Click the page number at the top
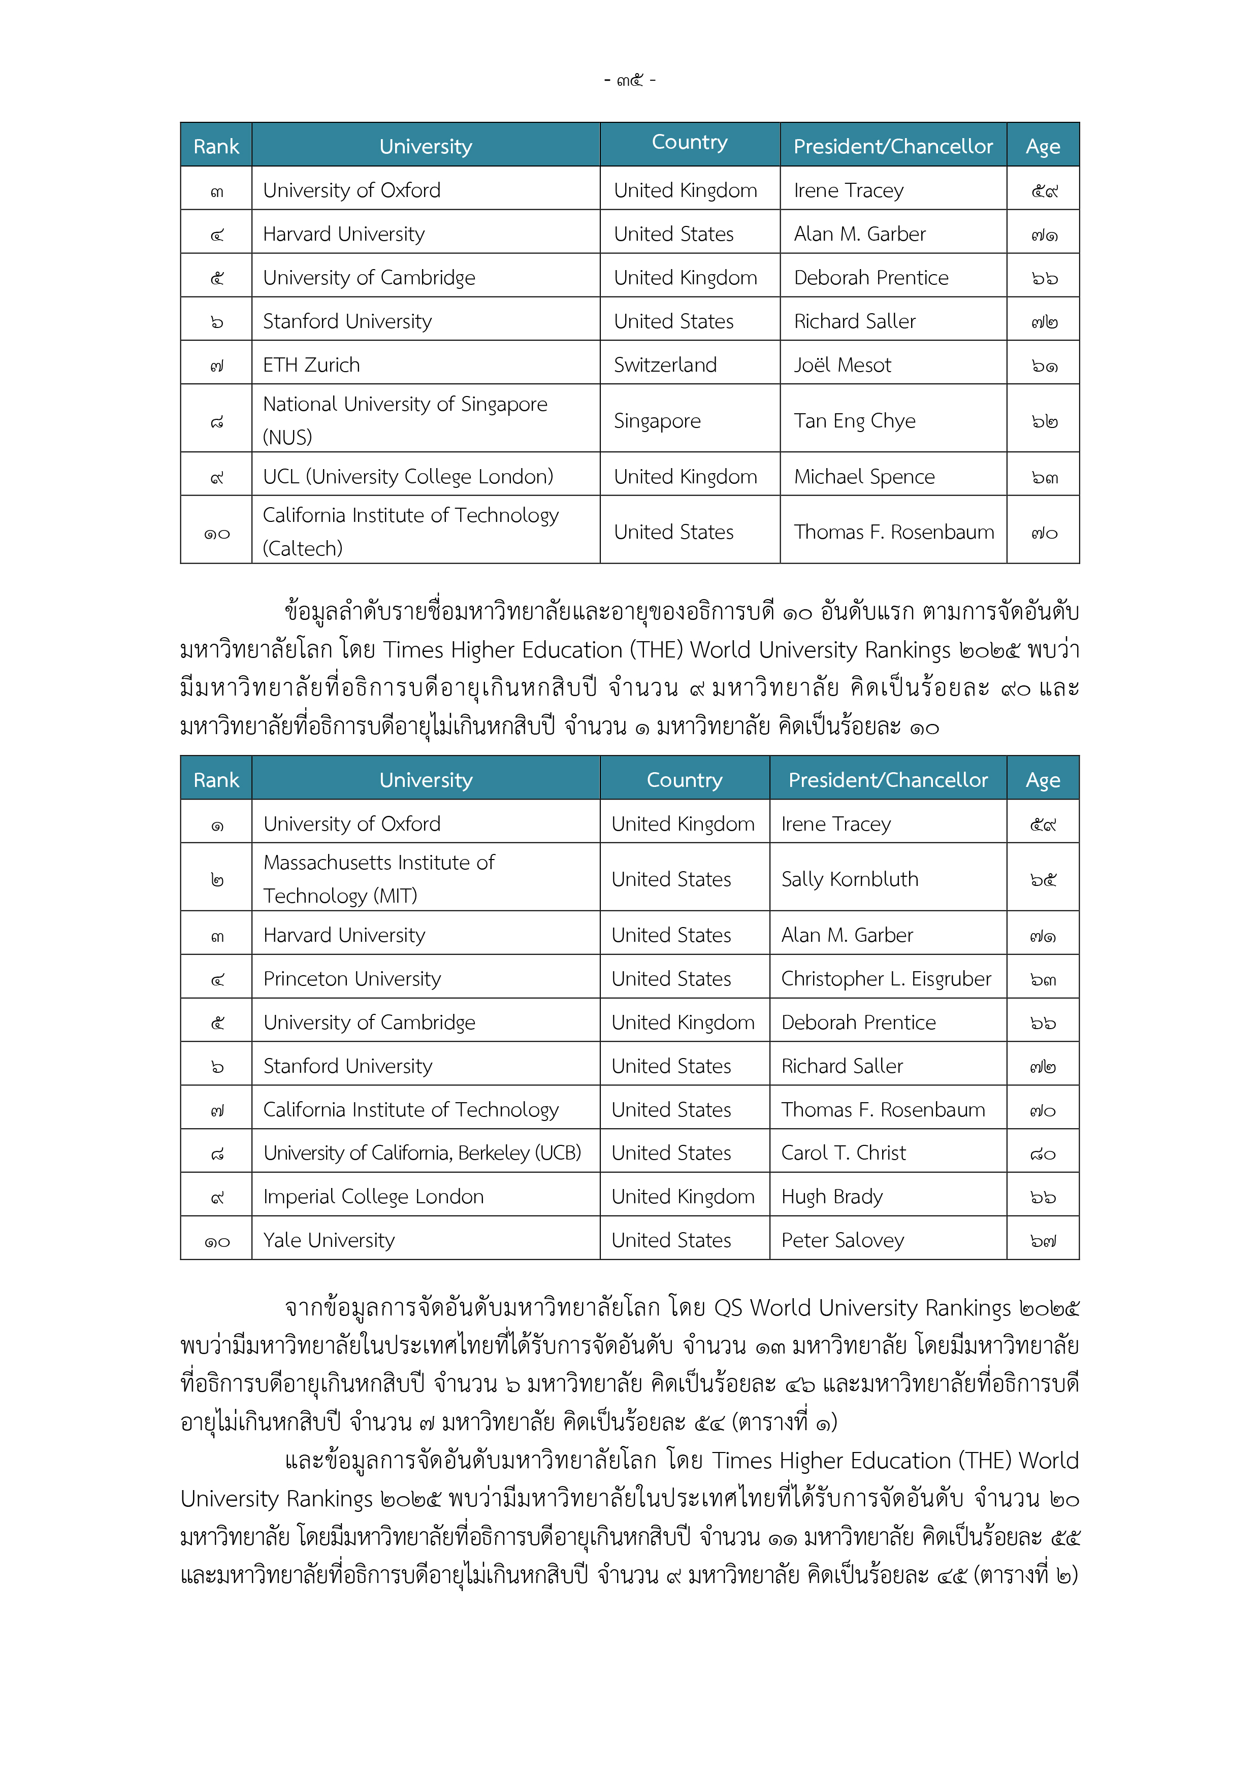click(x=629, y=80)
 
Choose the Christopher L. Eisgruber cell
click(x=886, y=979)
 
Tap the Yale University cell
click(x=329, y=1240)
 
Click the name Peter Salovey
click(x=843, y=1240)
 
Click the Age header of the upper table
click(x=1042, y=146)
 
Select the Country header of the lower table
click(x=684, y=780)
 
